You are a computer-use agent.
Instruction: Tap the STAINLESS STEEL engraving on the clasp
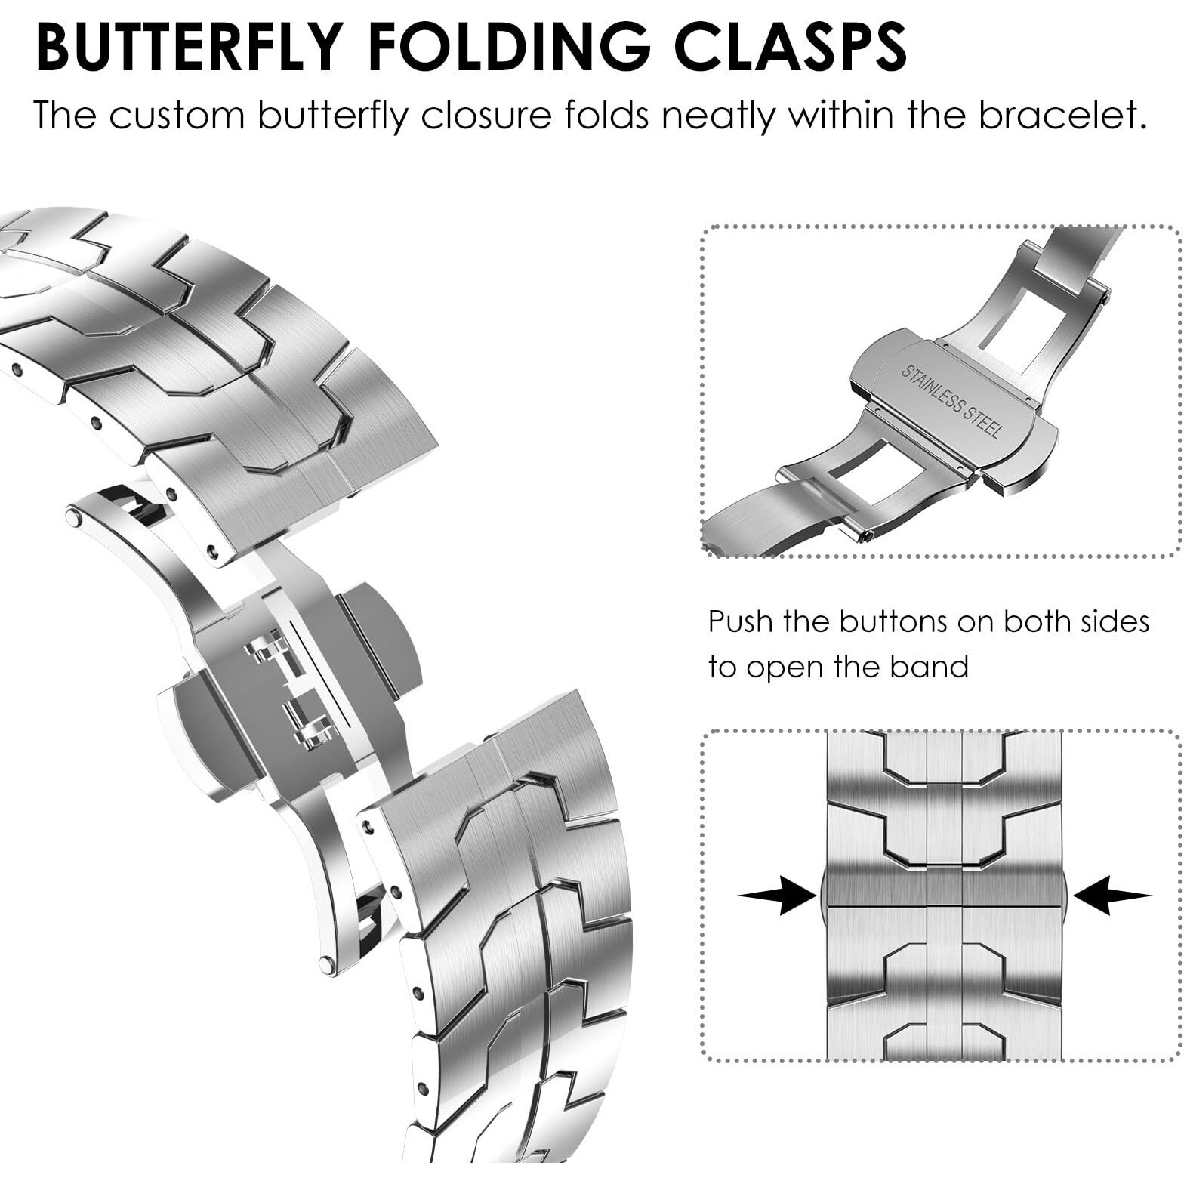point(951,402)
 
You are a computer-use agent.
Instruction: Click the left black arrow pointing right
point(778,896)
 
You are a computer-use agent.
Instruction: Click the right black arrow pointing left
point(1112,896)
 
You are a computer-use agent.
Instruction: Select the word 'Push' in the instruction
point(741,622)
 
